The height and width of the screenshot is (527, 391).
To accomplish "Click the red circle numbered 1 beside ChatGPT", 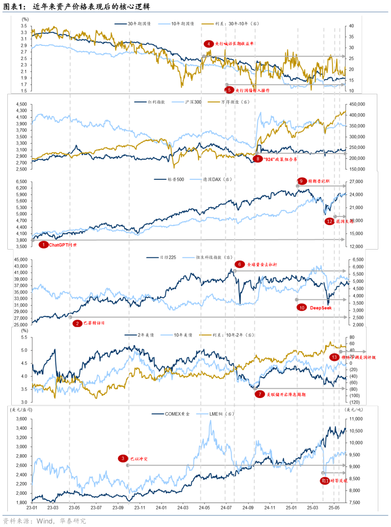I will [43, 245].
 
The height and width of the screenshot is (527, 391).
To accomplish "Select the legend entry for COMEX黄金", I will [172, 414].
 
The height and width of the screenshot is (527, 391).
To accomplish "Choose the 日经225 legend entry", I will [161, 257].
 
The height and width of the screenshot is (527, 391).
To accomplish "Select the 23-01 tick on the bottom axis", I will [32, 508].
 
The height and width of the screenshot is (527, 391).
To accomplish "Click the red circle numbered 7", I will [260, 394].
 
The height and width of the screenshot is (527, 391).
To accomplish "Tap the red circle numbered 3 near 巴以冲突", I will [122, 458].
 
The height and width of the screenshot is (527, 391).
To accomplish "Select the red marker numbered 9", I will [301, 181].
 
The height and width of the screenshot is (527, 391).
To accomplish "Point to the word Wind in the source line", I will [45, 521].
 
